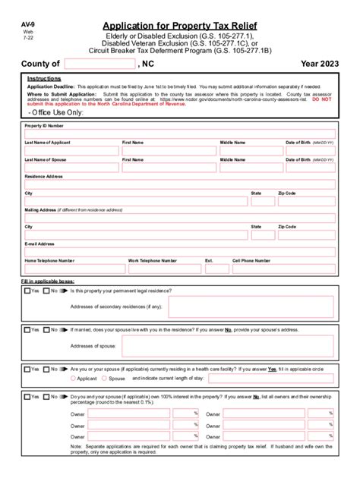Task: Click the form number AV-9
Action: coord(29,24)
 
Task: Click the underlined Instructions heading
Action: coord(44,79)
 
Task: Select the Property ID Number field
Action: coord(179,133)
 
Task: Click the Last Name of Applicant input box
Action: coord(71,151)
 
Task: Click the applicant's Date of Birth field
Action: coord(310,151)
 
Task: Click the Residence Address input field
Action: coord(179,184)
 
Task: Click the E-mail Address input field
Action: coord(179,252)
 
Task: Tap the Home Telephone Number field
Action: coord(74,269)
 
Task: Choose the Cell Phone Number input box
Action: coord(283,269)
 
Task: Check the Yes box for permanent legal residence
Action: coord(28,291)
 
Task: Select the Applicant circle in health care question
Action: coord(73,378)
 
